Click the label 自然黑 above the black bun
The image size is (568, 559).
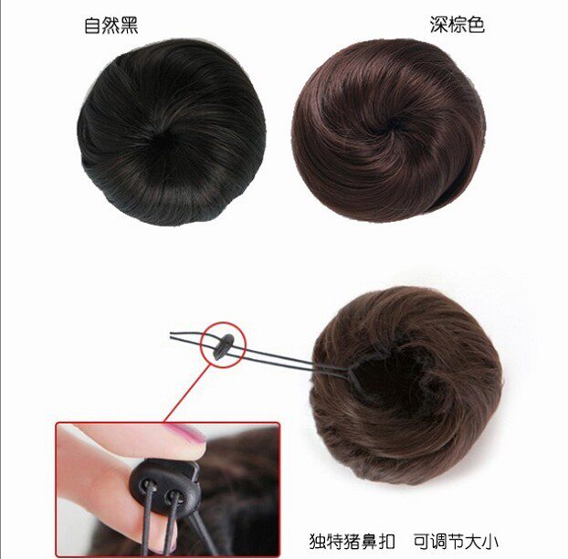(x=111, y=25)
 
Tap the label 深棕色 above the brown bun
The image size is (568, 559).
(x=457, y=25)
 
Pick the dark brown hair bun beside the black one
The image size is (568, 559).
(x=376, y=128)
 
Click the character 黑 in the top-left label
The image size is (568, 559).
(x=129, y=25)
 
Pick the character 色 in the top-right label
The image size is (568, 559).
(x=475, y=25)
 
